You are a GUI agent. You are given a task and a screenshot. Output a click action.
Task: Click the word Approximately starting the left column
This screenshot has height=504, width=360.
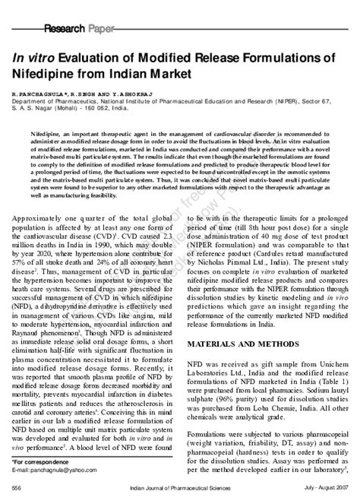pos(46,196)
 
